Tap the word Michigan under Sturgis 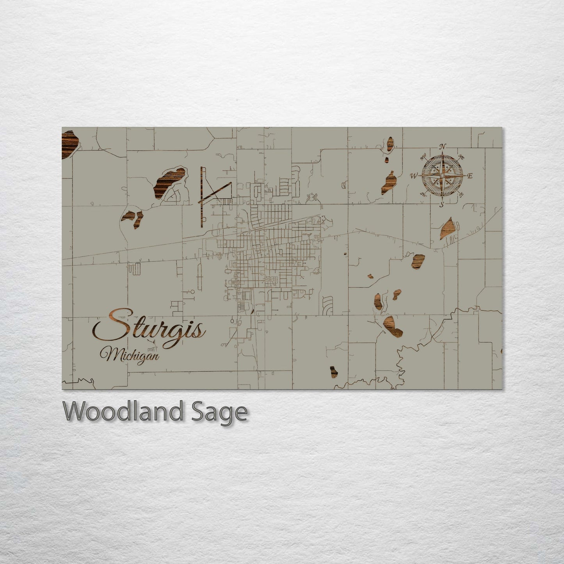(x=130, y=355)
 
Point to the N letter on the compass (x=442, y=147)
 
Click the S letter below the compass (x=442, y=205)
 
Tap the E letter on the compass (x=470, y=176)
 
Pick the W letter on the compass (x=413, y=176)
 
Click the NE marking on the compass (x=461, y=157)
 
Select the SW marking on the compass (x=423, y=194)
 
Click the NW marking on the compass (x=423, y=158)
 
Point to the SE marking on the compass (x=461, y=194)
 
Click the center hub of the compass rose (x=442, y=176)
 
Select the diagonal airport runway (x=216, y=191)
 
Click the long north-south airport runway (x=202, y=195)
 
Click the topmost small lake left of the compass (x=390, y=144)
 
